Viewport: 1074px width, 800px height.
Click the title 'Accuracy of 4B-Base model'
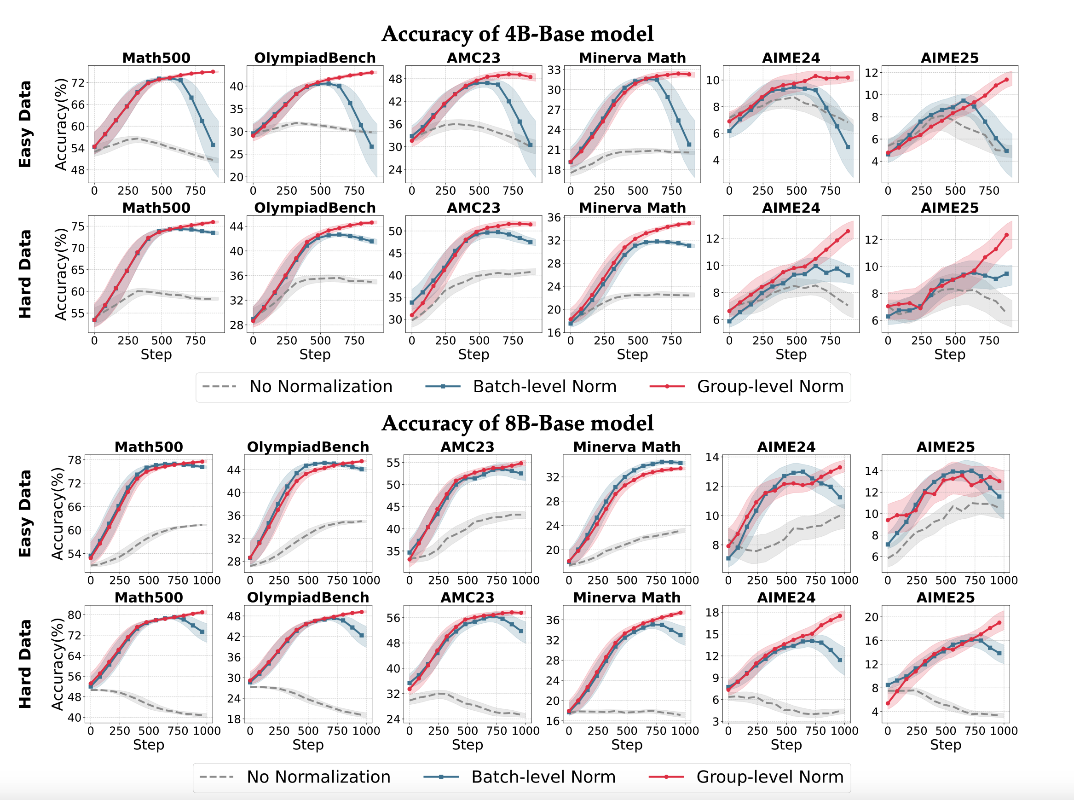tap(517, 34)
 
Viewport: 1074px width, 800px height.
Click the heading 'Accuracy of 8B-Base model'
tap(517, 423)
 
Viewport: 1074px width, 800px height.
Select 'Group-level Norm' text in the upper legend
tap(770, 387)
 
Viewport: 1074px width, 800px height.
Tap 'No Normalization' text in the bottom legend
tap(318, 777)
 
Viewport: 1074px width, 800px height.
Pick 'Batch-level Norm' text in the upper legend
tap(544, 387)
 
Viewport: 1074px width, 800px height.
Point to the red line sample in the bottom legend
tap(666, 777)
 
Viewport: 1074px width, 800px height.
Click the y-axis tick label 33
tap(554, 70)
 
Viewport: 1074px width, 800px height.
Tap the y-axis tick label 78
tap(75, 460)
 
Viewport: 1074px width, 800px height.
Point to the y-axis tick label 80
tap(75, 615)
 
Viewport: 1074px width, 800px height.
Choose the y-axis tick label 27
tap(554, 110)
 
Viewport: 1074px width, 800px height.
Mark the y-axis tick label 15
tap(712, 634)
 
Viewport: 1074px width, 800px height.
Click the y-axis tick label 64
tap(75, 656)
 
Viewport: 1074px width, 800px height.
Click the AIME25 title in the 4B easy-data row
tap(949, 58)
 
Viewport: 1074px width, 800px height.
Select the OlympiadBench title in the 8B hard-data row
tap(308, 597)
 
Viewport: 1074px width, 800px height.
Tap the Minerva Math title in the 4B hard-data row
tap(632, 208)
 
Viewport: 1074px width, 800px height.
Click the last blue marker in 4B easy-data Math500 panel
tap(213, 145)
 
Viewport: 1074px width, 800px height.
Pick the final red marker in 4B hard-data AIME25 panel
tap(1006, 235)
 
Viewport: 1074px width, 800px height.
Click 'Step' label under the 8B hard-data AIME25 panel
tap(945, 745)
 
